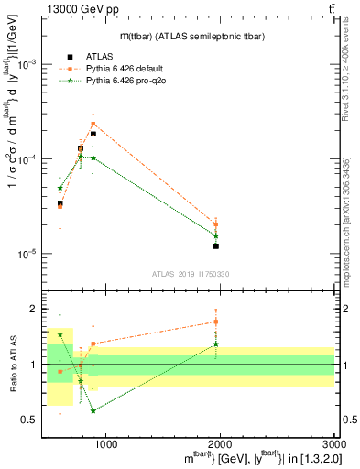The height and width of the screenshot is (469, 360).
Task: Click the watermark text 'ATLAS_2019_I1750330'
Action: tap(190, 274)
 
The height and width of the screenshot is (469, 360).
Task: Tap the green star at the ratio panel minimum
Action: tap(93, 410)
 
